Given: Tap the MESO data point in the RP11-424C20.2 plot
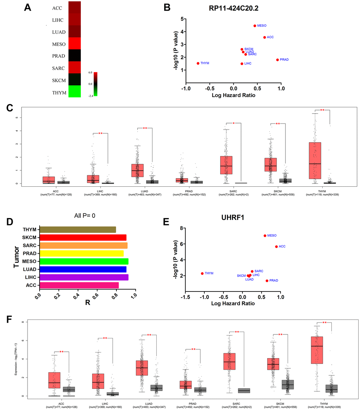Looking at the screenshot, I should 255,26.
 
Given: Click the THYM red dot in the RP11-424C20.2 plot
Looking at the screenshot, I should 198,64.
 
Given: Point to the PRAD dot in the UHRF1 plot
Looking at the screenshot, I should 267,281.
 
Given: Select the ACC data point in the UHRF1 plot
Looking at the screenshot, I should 276,247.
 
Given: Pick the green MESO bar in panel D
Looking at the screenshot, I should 84,261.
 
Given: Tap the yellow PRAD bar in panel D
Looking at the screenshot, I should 82,253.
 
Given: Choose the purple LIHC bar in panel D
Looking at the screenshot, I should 84,277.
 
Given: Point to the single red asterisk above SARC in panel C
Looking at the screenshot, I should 234,123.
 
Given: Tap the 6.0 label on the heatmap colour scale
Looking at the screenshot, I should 90,72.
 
